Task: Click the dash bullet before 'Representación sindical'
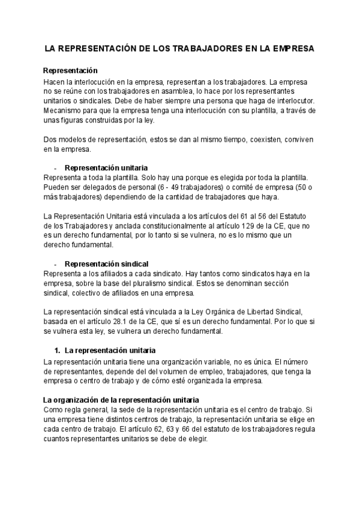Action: coord(55,264)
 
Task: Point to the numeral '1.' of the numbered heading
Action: coord(58,349)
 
